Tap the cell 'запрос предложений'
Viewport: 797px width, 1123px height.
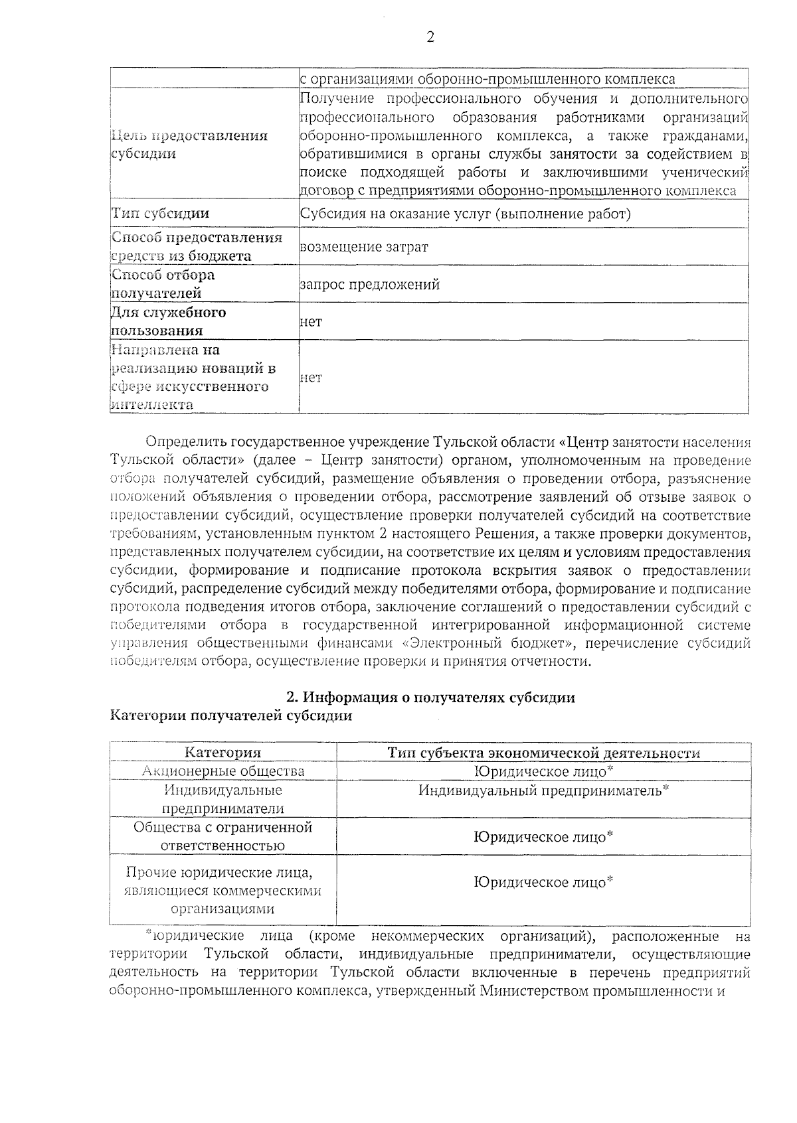pyautogui.click(x=370, y=285)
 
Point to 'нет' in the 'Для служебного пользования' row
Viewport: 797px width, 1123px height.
pyautogui.click(x=311, y=322)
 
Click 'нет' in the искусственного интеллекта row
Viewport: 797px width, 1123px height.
pyautogui.click(x=311, y=378)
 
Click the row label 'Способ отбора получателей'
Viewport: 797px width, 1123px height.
pyautogui.click(x=163, y=284)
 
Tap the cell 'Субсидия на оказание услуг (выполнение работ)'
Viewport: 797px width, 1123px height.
pyautogui.click(x=465, y=214)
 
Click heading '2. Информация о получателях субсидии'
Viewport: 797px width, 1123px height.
pyautogui.click(x=430, y=698)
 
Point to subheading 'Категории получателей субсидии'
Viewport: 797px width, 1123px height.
pyautogui.click(x=231, y=715)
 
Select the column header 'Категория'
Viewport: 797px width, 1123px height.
pyautogui.click(x=222, y=753)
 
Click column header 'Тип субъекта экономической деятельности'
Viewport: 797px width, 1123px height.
pyautogui.click(x=543, y=753)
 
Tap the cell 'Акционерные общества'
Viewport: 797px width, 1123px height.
pyautogui.click(x=223, y=771)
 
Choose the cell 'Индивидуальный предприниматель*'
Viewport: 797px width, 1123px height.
pyautogui.click(x=543, y=790)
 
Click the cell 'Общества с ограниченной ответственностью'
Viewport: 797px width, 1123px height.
pyautogui.click(x=223, y=836)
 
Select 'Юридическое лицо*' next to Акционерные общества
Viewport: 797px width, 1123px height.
pyautogui.click(x=543, y=771)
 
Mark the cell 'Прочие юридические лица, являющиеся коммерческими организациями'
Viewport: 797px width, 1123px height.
pyautogui.click(x=223, y=891)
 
